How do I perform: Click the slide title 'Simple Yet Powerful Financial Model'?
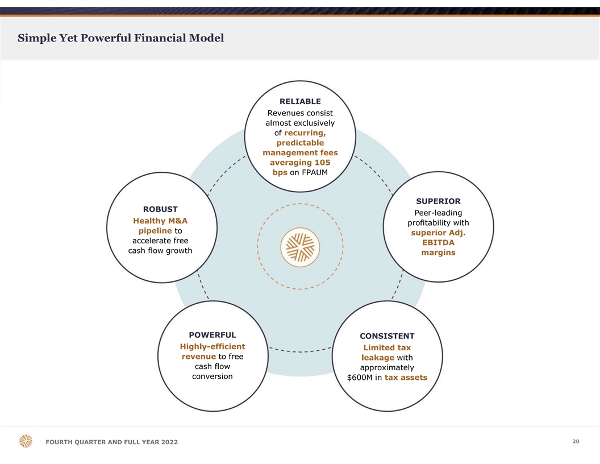[x=121, y=38]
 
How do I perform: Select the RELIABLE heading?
[x=300, y=101]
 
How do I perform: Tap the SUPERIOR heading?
[x=438, y=201]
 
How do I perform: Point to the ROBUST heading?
[x=160, y=209]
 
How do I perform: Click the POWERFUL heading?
[x=212, y=334]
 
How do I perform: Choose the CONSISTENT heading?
[x=387, y=336]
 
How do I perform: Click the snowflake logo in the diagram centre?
[x=300, y=247]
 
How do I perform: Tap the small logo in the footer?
[x=26, y=441]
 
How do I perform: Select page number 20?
[x=576, y=441]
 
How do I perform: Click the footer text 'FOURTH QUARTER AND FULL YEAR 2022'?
[x=111, y=443]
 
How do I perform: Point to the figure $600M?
[x=359, y=378]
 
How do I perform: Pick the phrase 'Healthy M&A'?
[x=160, y=221]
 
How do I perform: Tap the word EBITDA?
[x=438, y=243]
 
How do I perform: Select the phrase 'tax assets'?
[x=406, y=378]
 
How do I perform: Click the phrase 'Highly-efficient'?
[x=212, y=346]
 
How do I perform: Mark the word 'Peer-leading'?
[x=438, y=213]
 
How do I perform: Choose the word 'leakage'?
[x=377, y=357]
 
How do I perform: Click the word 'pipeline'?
[x=155, y=231]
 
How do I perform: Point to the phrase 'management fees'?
[x=300, y=152]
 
